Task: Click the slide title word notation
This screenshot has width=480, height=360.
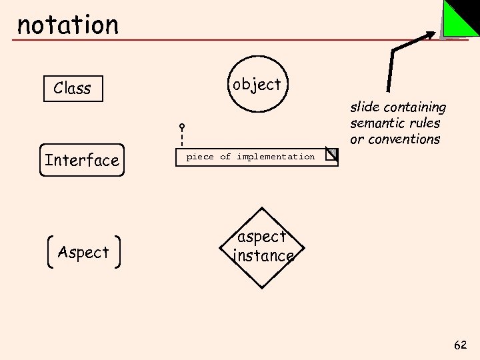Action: (67, 25)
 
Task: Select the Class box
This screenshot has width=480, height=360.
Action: (73, 88)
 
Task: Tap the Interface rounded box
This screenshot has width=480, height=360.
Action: (82, 160)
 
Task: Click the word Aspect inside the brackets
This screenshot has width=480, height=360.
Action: (83, 252)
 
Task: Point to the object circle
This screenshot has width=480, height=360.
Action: (257, 85)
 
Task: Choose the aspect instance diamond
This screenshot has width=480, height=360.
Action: (263, 247)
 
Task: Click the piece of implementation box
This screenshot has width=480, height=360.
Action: (257, 157)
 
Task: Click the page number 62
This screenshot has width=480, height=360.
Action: (460, 345)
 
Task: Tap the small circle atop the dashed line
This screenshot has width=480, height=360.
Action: (181, 126)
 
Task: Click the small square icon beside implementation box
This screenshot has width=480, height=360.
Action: (331, 155)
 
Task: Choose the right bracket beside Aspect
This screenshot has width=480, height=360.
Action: (119, 252)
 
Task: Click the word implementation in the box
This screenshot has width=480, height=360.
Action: (275, 157)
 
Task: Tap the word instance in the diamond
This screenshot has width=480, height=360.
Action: (263, 256)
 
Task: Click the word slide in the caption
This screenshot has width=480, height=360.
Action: (363, 107)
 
